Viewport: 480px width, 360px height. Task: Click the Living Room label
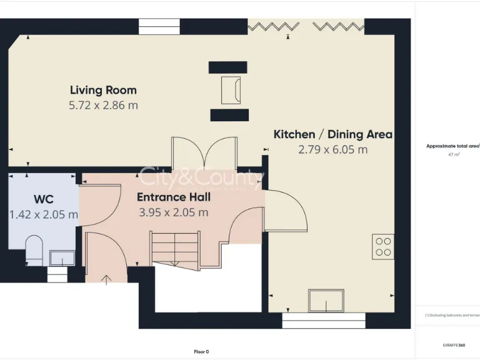(x=103, y=90)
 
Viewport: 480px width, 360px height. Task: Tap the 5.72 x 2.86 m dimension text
(x=103, y=106)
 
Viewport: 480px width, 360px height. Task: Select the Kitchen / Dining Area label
(x=333, y=134)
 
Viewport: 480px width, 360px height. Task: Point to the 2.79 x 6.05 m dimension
(x=333, y=149)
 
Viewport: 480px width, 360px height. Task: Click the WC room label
(x=43, y=199)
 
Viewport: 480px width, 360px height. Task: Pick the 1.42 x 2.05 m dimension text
(x=44, y=214)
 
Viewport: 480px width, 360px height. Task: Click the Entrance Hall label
(x=174, y=197)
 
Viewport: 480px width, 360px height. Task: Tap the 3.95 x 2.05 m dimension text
(x=174, y=212)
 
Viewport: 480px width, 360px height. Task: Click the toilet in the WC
(x=34, y=249)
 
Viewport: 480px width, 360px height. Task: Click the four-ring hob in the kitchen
(x=383, y=246)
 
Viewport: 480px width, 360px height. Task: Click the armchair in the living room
(x=229, y=90)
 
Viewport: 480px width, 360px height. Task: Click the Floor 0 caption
(x=201, y=351)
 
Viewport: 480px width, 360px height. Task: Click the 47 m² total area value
(x=454, y=154)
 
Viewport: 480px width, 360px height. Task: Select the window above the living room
(x=159, y=26)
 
